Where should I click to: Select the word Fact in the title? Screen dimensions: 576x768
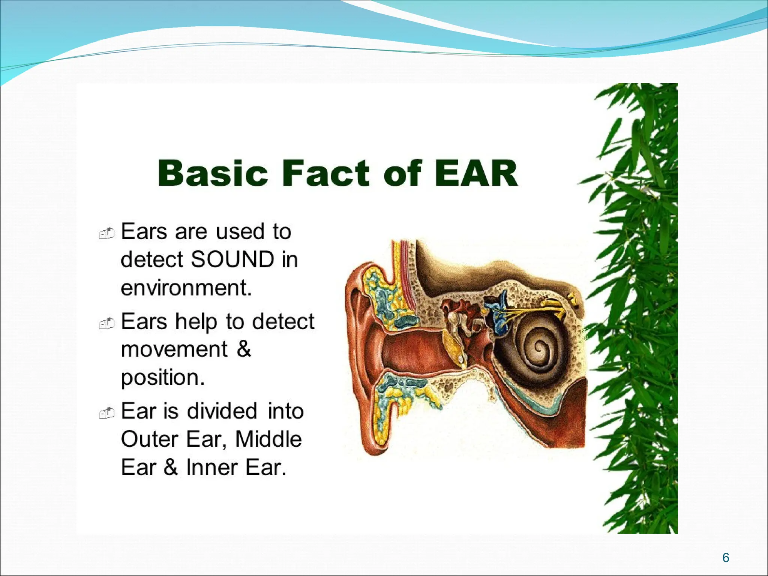[x=325, y=173]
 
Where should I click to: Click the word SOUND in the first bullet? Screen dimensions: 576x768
[x=232, y=259]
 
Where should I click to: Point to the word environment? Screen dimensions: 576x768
[x=186, y=288]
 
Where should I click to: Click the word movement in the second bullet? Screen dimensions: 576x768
[x=174, y=349]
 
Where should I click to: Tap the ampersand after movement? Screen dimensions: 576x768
[x=244, y=349]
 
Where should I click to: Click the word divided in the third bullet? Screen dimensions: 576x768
[x=222, y=411]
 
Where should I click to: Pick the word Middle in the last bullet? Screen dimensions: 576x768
[x=268, y=439]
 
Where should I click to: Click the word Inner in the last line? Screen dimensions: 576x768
[x=211, y=468]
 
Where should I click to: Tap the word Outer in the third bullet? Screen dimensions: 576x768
[x=149, y=439]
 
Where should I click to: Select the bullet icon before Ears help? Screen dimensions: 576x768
[x=106, y=323]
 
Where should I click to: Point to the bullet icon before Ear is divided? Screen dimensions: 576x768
[x=106, y=413]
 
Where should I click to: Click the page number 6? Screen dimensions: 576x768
[x=726, y=558]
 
